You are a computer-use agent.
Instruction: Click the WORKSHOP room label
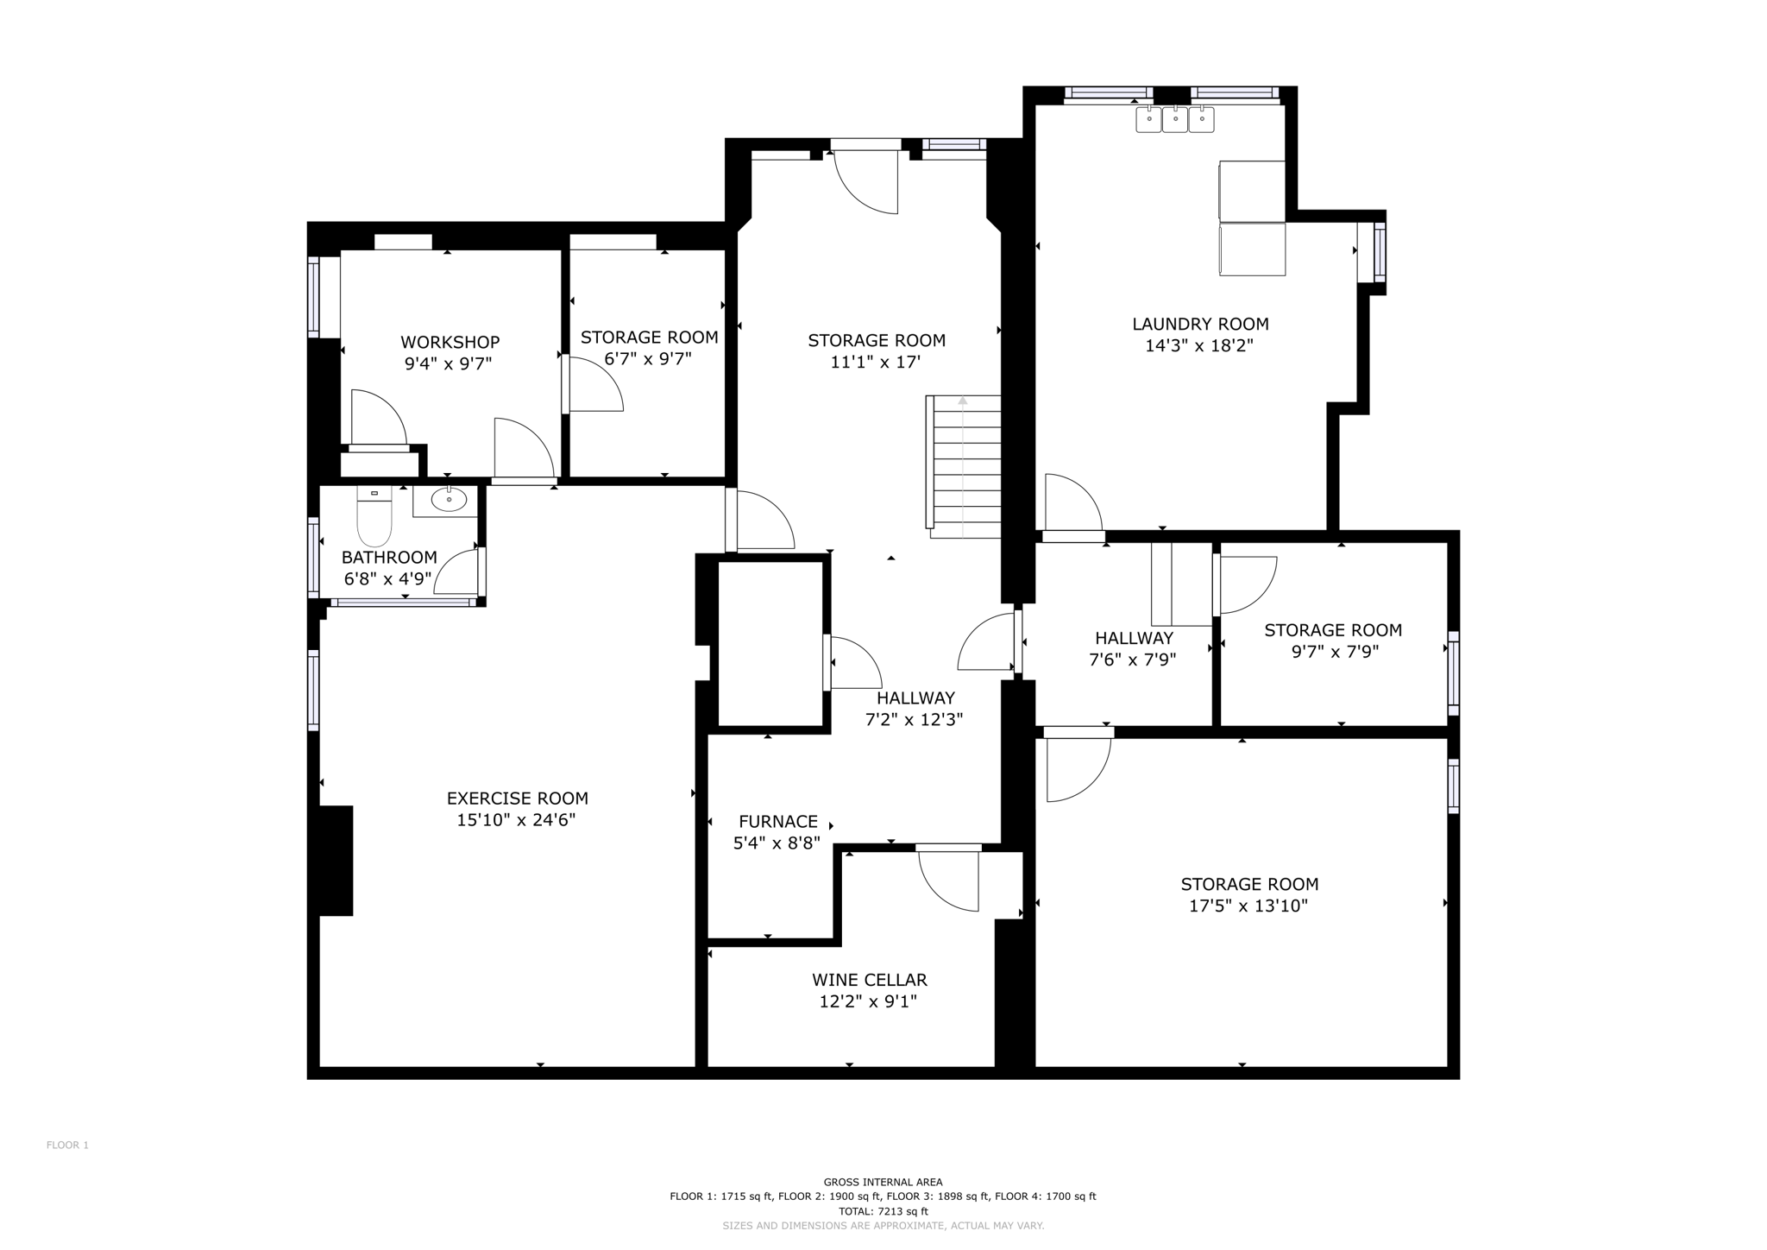[450, 343]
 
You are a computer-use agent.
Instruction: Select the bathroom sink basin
[449, 500]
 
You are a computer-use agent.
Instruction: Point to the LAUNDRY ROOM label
[1199, 324]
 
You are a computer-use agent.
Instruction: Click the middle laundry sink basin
[1174, 119]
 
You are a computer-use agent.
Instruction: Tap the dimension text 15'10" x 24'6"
[516, 820]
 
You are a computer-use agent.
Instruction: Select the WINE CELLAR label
[869, 980]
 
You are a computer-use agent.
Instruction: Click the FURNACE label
[777, 822]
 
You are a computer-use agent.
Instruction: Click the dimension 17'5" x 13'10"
[1248, 906]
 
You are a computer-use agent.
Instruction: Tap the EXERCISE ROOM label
[517, 799]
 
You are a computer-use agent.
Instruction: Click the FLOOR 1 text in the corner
[67, 1146]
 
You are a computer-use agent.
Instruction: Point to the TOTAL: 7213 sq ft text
[883, 1211]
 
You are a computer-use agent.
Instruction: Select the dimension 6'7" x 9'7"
[647, 359]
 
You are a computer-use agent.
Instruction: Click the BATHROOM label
[389, 557]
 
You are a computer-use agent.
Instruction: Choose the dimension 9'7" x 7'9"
[1334, 652]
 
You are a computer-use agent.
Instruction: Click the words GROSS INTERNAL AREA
[883, 1182]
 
